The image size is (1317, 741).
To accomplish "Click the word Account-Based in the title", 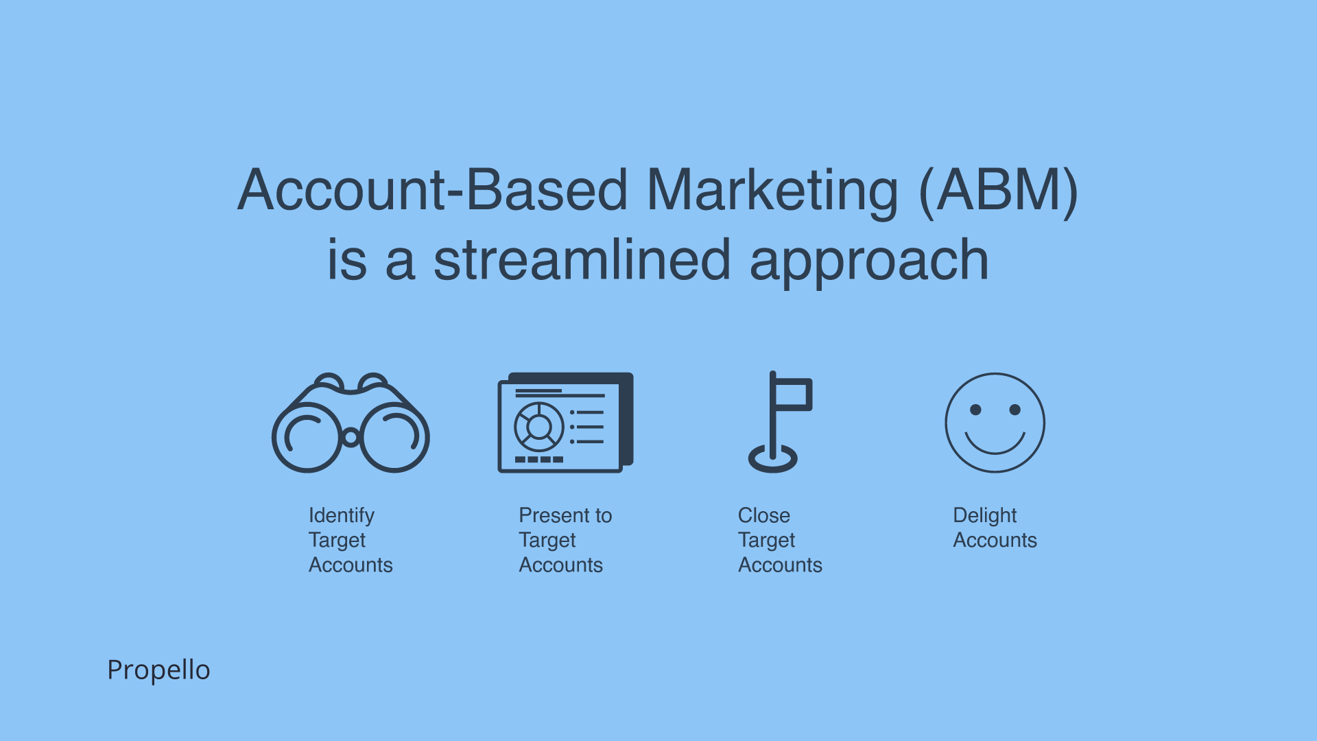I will click(x=432, y=191).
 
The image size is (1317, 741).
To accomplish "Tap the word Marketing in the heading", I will click(x=772, y=191).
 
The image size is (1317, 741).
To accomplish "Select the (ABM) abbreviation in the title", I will click(x=998, y=191).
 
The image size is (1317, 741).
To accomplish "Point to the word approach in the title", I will click(x=869, y=262).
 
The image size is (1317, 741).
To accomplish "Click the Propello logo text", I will click(x=158, y=670).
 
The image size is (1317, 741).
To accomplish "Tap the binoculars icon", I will click(x=351, y=423).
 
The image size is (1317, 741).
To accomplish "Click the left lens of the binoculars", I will click(x=307, y=437).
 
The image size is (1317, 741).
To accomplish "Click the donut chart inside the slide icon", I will click(x=538, y=427).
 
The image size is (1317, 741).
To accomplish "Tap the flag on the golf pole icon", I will click(x=793, y=395).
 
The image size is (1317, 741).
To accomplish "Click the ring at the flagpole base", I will click(x=773, y=459).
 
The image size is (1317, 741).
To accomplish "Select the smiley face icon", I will click(x=995, y=423).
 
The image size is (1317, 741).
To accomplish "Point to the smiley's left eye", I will click(x=975, y=410).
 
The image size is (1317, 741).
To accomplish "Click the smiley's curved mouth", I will click(x=995, y=446).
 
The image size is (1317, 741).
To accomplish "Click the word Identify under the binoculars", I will click(x=341, y=515).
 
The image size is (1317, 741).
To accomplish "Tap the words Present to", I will click(x=565, y=515).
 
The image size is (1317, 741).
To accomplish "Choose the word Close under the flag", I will click(x=763, y=515).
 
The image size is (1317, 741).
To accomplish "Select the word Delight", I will click(x=984, y=515).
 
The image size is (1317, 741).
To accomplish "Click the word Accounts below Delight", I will click(x=995, y=540).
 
